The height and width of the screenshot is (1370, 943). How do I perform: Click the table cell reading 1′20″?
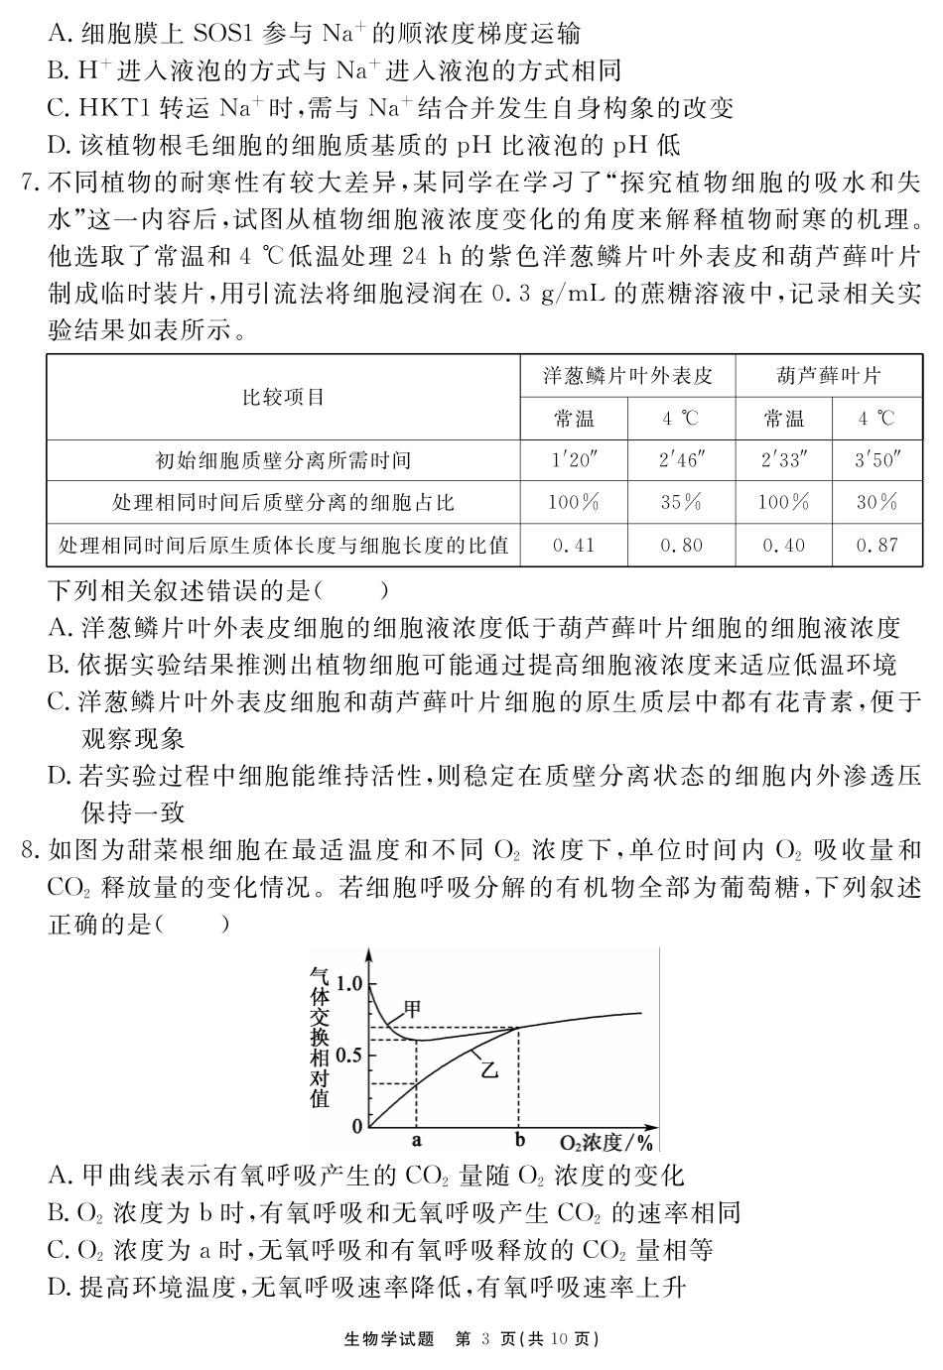tap(574, 459)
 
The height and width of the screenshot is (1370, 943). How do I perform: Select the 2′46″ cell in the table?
tap(681, 459)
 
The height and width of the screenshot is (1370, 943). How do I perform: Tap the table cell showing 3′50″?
tap(876, 459)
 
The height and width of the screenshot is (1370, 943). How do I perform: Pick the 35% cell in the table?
tap(681, 502)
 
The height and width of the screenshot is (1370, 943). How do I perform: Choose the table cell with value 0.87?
tap(876, 545)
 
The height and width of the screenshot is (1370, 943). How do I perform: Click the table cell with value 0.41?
tap(574, 545)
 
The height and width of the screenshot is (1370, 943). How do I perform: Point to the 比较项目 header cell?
tap(284, 398)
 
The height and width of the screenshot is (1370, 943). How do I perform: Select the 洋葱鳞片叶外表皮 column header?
tap(627, 376)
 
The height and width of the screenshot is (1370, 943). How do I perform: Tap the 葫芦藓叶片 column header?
tap(829, 376)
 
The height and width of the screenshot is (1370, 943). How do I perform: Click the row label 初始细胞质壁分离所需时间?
tap(284, 459)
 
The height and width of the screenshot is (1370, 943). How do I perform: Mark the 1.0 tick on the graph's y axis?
tap(350, 983)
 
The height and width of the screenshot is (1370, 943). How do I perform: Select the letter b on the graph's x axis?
tap(519, 1141)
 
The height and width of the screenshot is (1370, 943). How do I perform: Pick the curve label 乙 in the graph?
tap(488, 1069)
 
